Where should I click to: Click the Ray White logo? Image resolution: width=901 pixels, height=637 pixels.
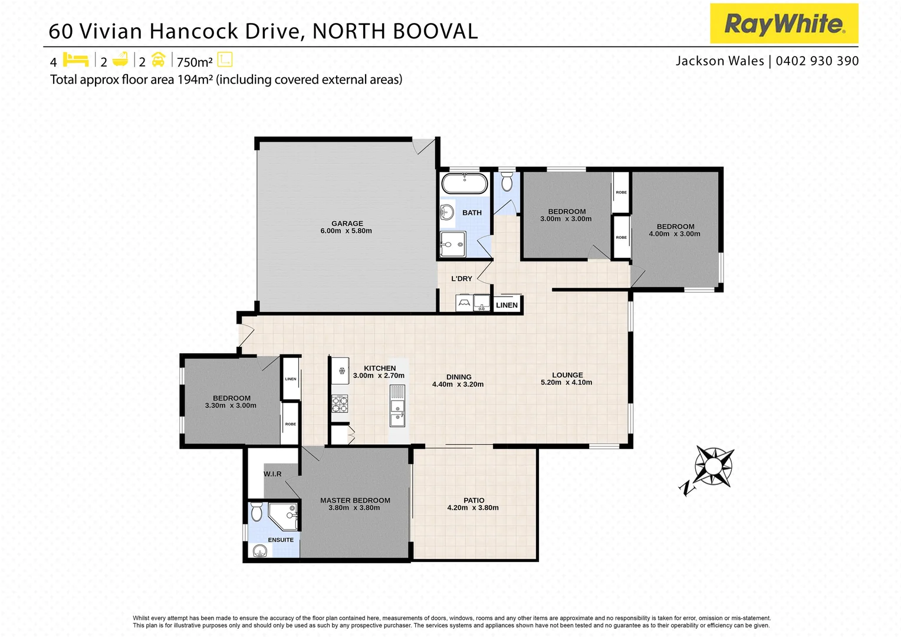[784, 24]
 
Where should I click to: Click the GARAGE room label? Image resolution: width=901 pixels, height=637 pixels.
[347, 224]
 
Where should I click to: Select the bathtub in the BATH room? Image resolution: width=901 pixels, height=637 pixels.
[465, 183]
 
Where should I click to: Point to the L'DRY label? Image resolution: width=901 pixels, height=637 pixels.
[462, 278]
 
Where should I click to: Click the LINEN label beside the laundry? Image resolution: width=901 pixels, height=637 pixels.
[507, 305]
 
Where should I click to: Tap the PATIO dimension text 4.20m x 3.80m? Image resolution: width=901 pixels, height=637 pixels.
[473, 508]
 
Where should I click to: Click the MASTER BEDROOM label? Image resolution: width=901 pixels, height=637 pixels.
[355, 500]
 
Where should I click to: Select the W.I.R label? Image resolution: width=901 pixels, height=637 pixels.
[272, 474]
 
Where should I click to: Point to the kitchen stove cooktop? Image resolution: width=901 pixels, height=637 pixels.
[340, 404]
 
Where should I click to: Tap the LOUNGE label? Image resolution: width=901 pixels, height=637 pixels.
[567, 375]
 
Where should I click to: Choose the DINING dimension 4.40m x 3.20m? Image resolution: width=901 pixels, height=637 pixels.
[458, 385]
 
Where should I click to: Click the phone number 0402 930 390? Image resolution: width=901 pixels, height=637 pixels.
[817, 61]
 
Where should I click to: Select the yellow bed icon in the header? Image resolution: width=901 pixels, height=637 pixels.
[75, 60]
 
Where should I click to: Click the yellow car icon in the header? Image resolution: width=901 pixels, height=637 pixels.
[158, 60]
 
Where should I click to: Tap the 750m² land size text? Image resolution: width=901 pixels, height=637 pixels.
[195, 62]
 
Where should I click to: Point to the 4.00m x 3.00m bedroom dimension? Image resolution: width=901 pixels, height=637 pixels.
[675, 234]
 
